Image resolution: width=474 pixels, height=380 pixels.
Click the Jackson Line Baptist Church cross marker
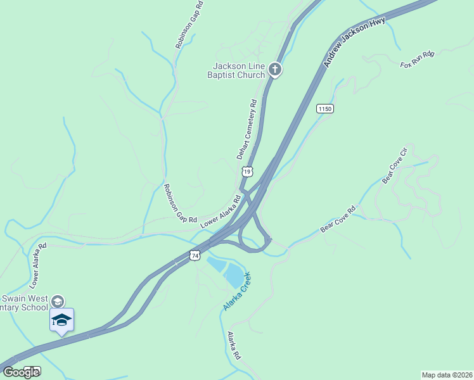tap(274, 69)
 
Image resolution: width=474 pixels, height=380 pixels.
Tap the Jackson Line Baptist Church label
tap(238, 70)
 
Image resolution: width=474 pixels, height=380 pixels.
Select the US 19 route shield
tap(247, 172)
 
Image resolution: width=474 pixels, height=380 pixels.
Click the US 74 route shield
tap(195, 255)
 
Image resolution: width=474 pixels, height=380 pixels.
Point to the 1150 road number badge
tap(324, 109)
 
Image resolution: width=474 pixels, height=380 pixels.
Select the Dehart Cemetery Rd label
tap(247, 129)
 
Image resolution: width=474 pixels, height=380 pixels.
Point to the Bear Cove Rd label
tap(338, 218)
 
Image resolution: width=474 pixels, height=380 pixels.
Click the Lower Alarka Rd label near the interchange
tap(220, 212)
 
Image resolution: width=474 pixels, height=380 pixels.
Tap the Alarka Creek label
tap(237, 291)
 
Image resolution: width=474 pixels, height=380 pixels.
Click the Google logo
tap(21, 372)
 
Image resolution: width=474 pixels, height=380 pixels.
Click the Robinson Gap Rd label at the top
tap(189, 25)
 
